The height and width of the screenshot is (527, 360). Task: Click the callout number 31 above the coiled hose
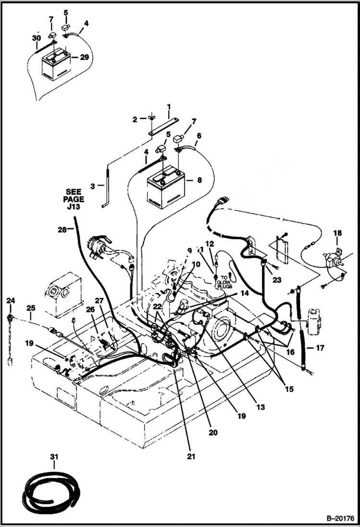pos(54,453)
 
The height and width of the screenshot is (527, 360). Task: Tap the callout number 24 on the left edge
pos(11,301)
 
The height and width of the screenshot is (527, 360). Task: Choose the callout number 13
pos(261,407)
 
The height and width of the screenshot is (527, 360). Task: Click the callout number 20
pos(213,432)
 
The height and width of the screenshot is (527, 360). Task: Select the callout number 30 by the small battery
pos(37,38)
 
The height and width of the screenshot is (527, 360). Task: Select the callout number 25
pos(31,307)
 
